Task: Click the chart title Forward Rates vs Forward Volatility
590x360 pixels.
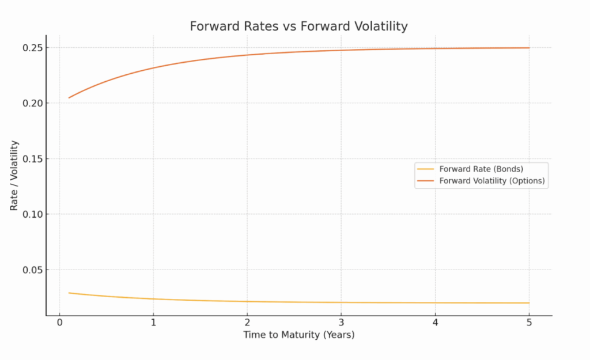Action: [x=298, y=26]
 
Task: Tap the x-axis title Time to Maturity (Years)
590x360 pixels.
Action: [x=298, y=335]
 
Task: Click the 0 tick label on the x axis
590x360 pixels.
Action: [x=59, y=323]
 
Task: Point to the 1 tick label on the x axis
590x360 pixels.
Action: [x=153, y=323]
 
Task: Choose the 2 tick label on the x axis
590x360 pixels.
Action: [x=247, y=323]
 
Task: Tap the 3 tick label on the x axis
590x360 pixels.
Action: [x=341, y=323]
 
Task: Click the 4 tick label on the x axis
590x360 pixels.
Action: [x=435, y=323]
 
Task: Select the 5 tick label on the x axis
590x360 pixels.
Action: [x=529, y=323]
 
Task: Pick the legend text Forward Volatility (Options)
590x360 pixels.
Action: [x=492, y=181]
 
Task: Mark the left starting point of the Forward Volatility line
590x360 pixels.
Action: [x=69, y=97]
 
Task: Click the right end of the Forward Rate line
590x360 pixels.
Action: [x=529, y=303]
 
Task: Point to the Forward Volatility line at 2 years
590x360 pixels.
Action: [x=247, y=55]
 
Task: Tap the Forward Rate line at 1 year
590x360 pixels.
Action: [x=153, y=299]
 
